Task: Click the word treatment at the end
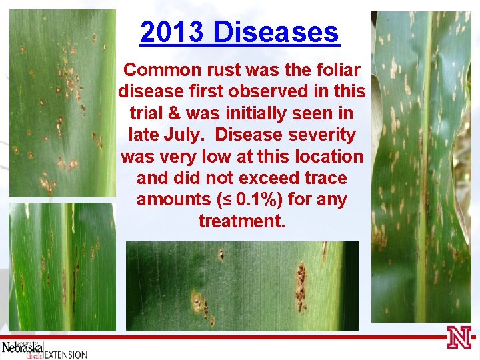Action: [x=241, y=221]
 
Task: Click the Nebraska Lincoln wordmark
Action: [x=22, y=349]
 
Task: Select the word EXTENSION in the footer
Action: [x=65, y=354]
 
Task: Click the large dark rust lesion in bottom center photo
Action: [x=301, y=287]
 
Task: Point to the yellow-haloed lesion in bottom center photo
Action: [x=199, y=303]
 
